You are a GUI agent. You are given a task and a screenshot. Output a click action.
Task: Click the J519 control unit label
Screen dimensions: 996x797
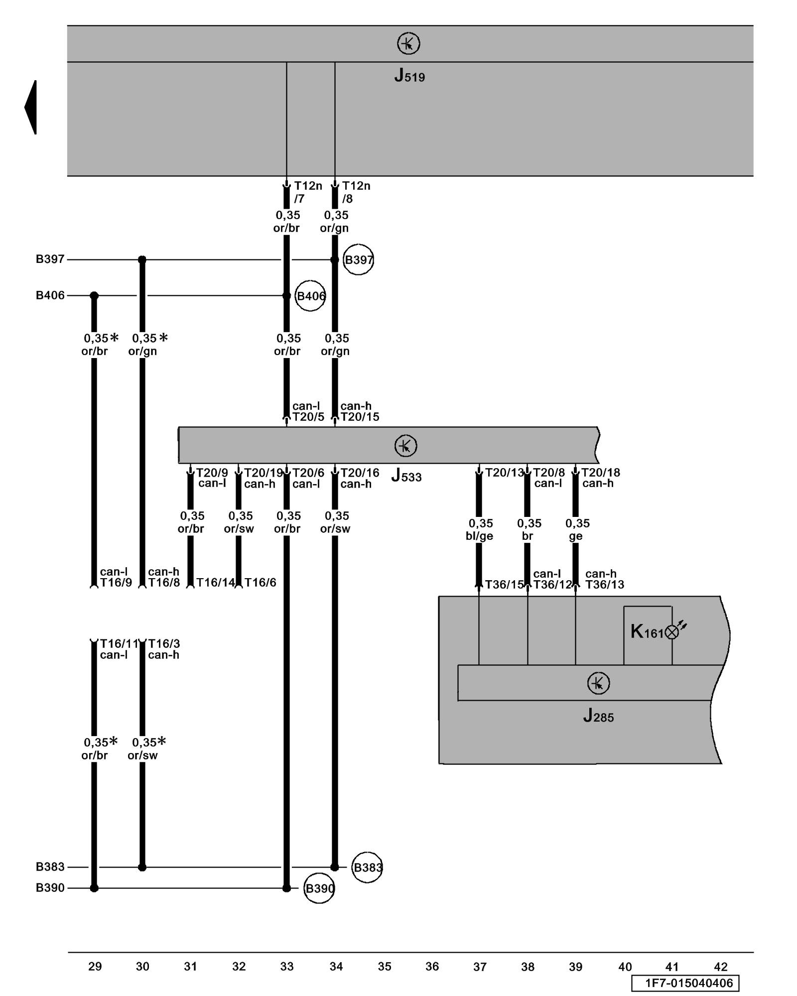(409, 76)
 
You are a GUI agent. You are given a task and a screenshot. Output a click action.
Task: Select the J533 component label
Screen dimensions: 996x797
(406, 476)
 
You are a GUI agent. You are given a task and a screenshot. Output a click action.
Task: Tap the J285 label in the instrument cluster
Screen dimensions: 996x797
(598, 716)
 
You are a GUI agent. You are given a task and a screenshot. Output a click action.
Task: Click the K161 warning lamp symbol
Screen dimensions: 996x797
(672, 632)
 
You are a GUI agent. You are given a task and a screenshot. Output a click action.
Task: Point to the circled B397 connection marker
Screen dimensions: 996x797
(358, 259)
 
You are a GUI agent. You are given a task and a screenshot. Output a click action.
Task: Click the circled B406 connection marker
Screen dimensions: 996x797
(310, 296)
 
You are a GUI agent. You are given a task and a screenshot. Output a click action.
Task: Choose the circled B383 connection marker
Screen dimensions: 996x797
(367, 868)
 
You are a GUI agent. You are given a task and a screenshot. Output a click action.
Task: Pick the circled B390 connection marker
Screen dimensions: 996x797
(319, 888)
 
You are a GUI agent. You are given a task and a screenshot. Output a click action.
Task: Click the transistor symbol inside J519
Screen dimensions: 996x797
(408, 44)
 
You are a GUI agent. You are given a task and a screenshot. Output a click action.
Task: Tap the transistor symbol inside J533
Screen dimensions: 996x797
(405, 446)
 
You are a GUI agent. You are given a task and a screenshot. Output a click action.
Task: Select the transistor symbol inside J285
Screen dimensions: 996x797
(598, 683)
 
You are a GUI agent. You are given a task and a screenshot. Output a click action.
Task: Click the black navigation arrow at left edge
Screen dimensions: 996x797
(31, 107)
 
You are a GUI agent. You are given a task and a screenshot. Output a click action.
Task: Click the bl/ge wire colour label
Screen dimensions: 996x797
(479, 536)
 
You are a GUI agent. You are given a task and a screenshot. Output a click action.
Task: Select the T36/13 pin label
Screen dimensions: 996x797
(604, 585)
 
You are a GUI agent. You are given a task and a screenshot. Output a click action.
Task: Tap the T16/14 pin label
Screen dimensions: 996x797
(215, 583)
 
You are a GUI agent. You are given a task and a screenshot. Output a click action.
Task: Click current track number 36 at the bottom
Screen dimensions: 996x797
(432, 967)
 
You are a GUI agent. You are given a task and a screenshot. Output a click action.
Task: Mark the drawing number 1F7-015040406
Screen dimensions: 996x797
(685, 983)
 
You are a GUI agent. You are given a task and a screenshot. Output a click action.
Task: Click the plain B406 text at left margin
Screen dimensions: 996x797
(50, 295)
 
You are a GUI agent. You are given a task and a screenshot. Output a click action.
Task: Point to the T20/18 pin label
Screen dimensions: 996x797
(601, 472)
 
